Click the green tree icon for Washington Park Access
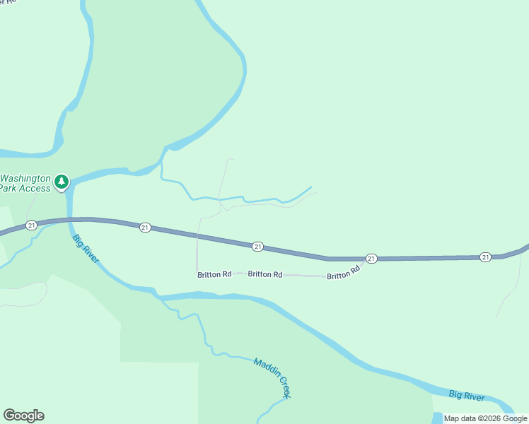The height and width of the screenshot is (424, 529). pos(62,182)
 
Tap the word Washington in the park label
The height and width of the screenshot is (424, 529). pos(25,179)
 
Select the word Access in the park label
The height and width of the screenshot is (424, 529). pos(35,189)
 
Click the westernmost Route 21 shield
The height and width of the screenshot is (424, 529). pos(31,225)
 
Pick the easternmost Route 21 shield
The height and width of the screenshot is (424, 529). pos(485,257)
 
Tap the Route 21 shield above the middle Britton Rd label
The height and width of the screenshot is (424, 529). pos(258,246)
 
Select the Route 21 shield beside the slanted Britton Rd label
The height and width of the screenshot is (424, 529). pos(371,259)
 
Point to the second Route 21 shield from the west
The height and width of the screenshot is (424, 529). pos(145,227)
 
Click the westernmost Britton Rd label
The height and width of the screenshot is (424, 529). pos(214,274)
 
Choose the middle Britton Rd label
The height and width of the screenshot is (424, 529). pos(265,274)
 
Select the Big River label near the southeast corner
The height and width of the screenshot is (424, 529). pos(467,397)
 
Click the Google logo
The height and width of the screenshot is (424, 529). pos(23,416)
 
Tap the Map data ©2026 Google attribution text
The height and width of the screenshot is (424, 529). pos(486,418)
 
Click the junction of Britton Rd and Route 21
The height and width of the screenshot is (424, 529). pos(365,260)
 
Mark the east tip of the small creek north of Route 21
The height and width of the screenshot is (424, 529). pos(311,187)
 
